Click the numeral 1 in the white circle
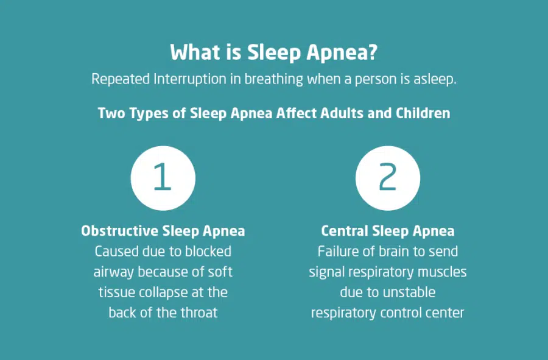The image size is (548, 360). [x=163, y=177]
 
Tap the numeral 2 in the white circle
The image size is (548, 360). [x=388, y=177]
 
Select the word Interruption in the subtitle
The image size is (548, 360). [x=190, y=79]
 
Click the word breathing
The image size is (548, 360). [x=273, y=79]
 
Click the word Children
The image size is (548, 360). [x=423, y=113]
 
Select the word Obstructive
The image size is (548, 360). [x=119, y=231]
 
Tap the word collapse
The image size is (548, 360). [x=163, y=292]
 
